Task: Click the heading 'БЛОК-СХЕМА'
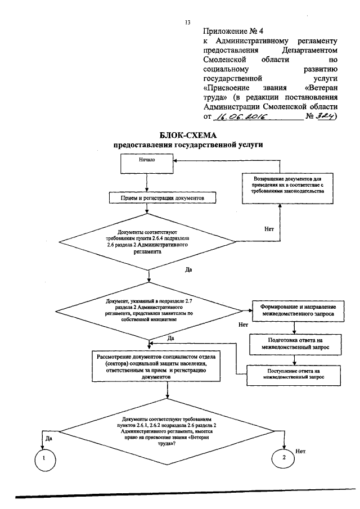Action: coord(188,135)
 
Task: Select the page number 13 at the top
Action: coord(187,22)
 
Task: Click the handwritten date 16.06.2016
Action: coord(240,116)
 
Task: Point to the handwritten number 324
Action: coord(325,116)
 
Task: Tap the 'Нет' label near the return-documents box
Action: coord(269,229)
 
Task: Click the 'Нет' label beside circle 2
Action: coord(300,451)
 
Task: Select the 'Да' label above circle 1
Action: coord(49,439)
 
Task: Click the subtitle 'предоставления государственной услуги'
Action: coord(188,145)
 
